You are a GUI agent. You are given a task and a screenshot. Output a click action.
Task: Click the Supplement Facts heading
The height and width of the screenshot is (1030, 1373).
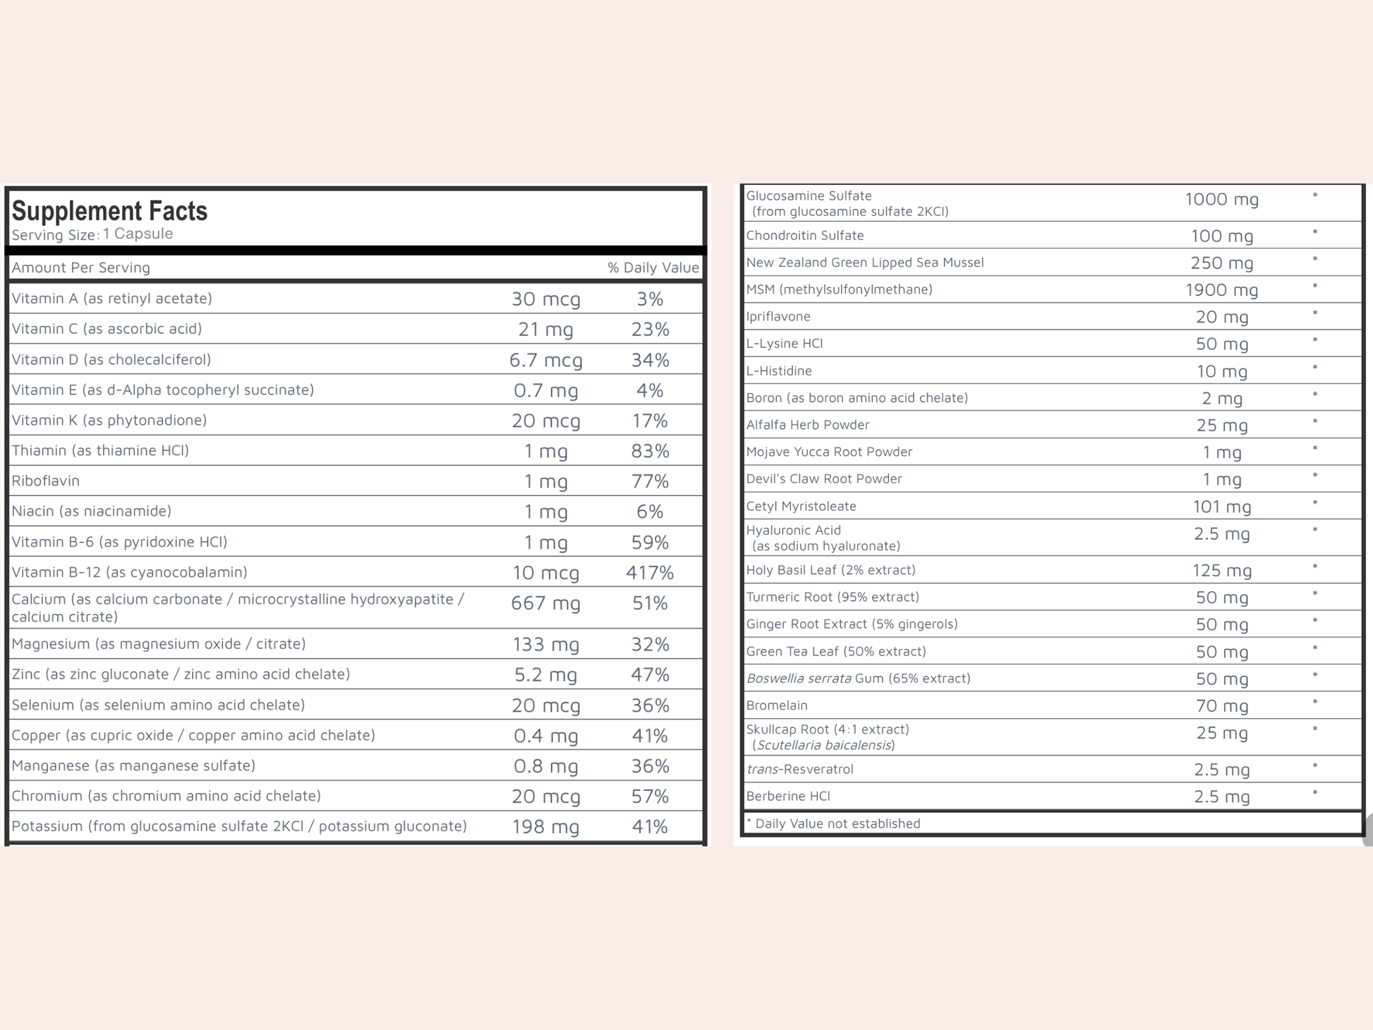[109, 211]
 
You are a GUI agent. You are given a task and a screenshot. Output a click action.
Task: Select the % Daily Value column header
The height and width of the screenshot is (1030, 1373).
[653, 267]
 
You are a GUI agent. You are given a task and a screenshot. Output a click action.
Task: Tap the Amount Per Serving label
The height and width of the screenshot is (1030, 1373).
[81, 267]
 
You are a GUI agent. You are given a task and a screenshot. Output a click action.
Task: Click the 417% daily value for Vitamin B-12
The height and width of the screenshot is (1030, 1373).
[650, 572]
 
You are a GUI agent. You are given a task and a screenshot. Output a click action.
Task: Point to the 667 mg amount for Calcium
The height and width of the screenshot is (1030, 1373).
[545, 603]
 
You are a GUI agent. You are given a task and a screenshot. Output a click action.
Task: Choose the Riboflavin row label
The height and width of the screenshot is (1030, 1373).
[46, 480]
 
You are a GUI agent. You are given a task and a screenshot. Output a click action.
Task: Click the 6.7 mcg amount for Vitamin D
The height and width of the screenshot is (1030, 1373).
[545, 360]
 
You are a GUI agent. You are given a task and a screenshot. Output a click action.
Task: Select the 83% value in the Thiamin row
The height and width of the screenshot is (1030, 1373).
[650, 451]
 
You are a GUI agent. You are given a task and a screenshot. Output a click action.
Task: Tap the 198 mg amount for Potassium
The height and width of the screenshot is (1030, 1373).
[545, 826]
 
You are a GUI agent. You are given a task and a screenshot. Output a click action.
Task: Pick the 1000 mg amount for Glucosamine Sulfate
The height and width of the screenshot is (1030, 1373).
[1221, 200]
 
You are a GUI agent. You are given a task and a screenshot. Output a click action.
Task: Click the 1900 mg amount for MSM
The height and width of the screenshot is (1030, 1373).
[1221, 289]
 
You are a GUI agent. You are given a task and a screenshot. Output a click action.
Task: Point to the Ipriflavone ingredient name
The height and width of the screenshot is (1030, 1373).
[778, 316]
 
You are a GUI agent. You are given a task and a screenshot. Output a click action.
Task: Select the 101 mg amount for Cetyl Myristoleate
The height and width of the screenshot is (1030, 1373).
[1221, 507]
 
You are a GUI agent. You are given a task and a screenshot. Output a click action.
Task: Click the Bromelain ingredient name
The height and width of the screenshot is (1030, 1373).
[777, 705]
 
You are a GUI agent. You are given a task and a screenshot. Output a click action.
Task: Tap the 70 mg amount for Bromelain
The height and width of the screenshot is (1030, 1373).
[1221, 705]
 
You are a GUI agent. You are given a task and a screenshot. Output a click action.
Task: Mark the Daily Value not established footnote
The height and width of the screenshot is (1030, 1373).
[833, 823]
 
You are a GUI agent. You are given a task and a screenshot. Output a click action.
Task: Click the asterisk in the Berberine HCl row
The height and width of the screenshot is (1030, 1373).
[1314, 794]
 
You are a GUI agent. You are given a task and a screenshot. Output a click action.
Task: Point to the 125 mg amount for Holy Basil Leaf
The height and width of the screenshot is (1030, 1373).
[1221, 570]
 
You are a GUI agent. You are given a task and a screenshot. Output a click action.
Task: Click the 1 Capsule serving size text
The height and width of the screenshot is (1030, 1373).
[138, 234]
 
